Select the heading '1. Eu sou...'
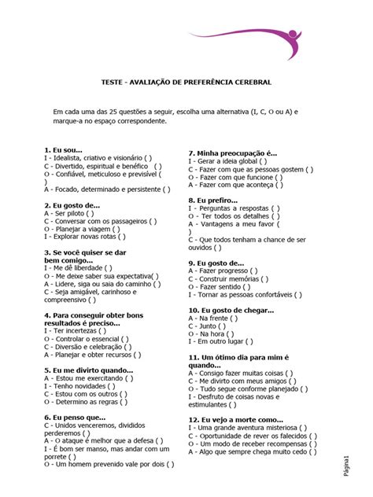64,149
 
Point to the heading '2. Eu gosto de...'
72,204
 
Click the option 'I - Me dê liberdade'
79,268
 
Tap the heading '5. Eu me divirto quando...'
89,369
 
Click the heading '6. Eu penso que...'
75,417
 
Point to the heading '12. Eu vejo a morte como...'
235,419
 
